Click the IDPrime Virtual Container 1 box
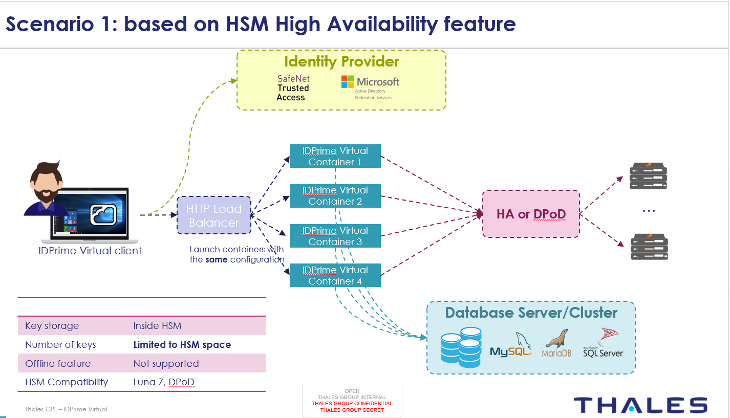pos(335,156)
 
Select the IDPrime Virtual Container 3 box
pos(335,236)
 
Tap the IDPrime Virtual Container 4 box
pos(335,275)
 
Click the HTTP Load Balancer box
pos(214,215)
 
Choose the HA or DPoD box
pos(531,214)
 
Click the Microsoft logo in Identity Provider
pos(348,82)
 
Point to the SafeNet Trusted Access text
pos(293,88)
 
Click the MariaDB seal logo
pos(556,342)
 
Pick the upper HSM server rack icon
pos(649,176)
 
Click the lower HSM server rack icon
pos(649,247)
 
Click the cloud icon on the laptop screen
pos(103,215)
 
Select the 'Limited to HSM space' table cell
pos(182,345)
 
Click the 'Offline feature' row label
pos(58,364)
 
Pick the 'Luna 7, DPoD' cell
pos(164,382)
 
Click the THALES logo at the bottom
pos(640,405)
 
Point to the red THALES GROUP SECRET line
pos(352,410)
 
